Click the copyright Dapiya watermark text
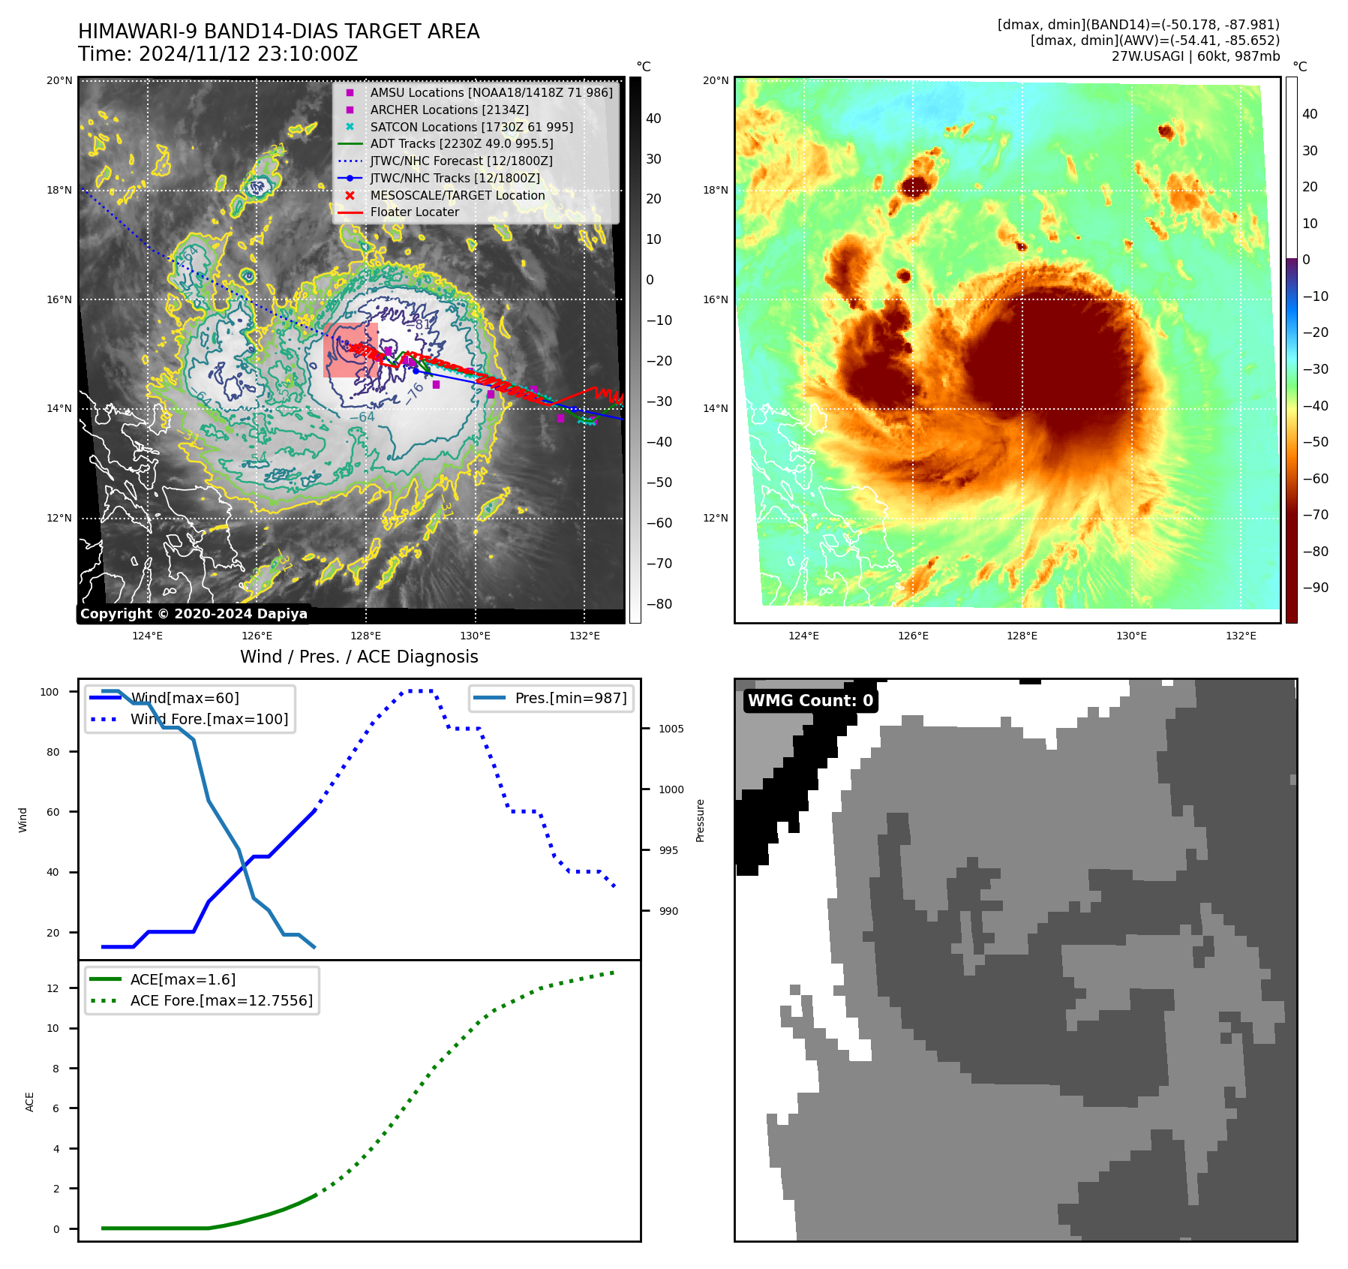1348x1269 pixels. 194,614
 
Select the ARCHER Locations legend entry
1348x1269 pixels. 449,110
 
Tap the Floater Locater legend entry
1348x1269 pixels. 414,212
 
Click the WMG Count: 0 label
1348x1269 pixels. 810,701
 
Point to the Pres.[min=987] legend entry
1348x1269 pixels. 570,699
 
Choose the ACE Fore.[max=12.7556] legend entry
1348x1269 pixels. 221,1000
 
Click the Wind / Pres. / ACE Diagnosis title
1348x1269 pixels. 359,657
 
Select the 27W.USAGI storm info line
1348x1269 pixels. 1195,56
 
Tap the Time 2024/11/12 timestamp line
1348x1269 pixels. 218,55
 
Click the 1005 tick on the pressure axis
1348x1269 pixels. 671,729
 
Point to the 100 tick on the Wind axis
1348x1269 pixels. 50,692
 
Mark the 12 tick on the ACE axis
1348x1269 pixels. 53,988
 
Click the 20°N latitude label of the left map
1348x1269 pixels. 59,80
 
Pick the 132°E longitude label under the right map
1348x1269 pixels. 1241,636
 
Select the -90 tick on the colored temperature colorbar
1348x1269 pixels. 1315,588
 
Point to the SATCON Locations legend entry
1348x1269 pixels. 471,127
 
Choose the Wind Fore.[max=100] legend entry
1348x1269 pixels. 209,719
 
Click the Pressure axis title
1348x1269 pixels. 700,820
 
